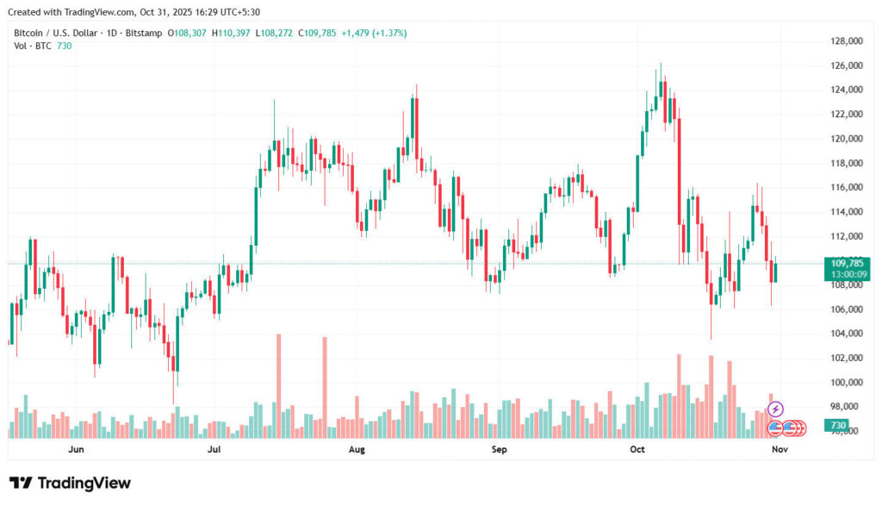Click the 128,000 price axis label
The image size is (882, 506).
(847, 41)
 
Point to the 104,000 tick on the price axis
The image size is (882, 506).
(847, 334)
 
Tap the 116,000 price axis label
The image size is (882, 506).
(847, 187)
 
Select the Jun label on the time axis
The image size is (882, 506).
(76, 449)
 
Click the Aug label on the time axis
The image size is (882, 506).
(357, 449)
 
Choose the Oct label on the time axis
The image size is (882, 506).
(637, 449)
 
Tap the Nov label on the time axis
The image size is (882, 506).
(779, 449)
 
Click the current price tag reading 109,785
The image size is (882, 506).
(848, 262)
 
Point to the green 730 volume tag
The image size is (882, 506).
(836, 426)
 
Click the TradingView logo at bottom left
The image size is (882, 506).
(70, 483)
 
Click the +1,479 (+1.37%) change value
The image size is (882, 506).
(374, 33)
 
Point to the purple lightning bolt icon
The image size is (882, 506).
(775, 409)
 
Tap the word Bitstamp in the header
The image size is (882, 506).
(146, 33)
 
